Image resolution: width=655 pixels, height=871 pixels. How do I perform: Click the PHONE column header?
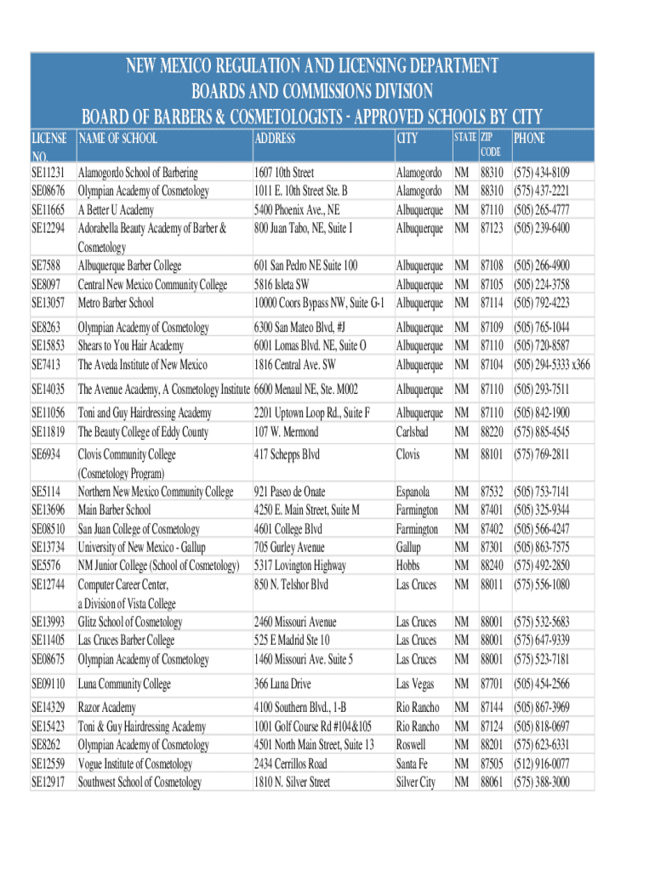pos(529,138)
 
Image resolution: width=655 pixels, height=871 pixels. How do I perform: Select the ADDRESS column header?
pos(275,138)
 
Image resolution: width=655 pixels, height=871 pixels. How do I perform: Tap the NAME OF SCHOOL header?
pos(117,138)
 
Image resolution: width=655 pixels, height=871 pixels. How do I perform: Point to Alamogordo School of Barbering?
pos(138,173)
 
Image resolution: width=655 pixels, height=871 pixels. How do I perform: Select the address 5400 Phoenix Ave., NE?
pos(297,209)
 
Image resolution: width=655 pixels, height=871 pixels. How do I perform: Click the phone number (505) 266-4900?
pos(541,265)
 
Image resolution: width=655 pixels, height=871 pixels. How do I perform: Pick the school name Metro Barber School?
pos(116,303)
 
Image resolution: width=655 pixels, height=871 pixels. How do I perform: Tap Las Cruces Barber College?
pos(126,640)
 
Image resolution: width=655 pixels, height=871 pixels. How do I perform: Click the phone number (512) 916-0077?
pos(541,764)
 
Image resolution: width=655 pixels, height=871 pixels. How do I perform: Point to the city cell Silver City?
pos(415,783)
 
